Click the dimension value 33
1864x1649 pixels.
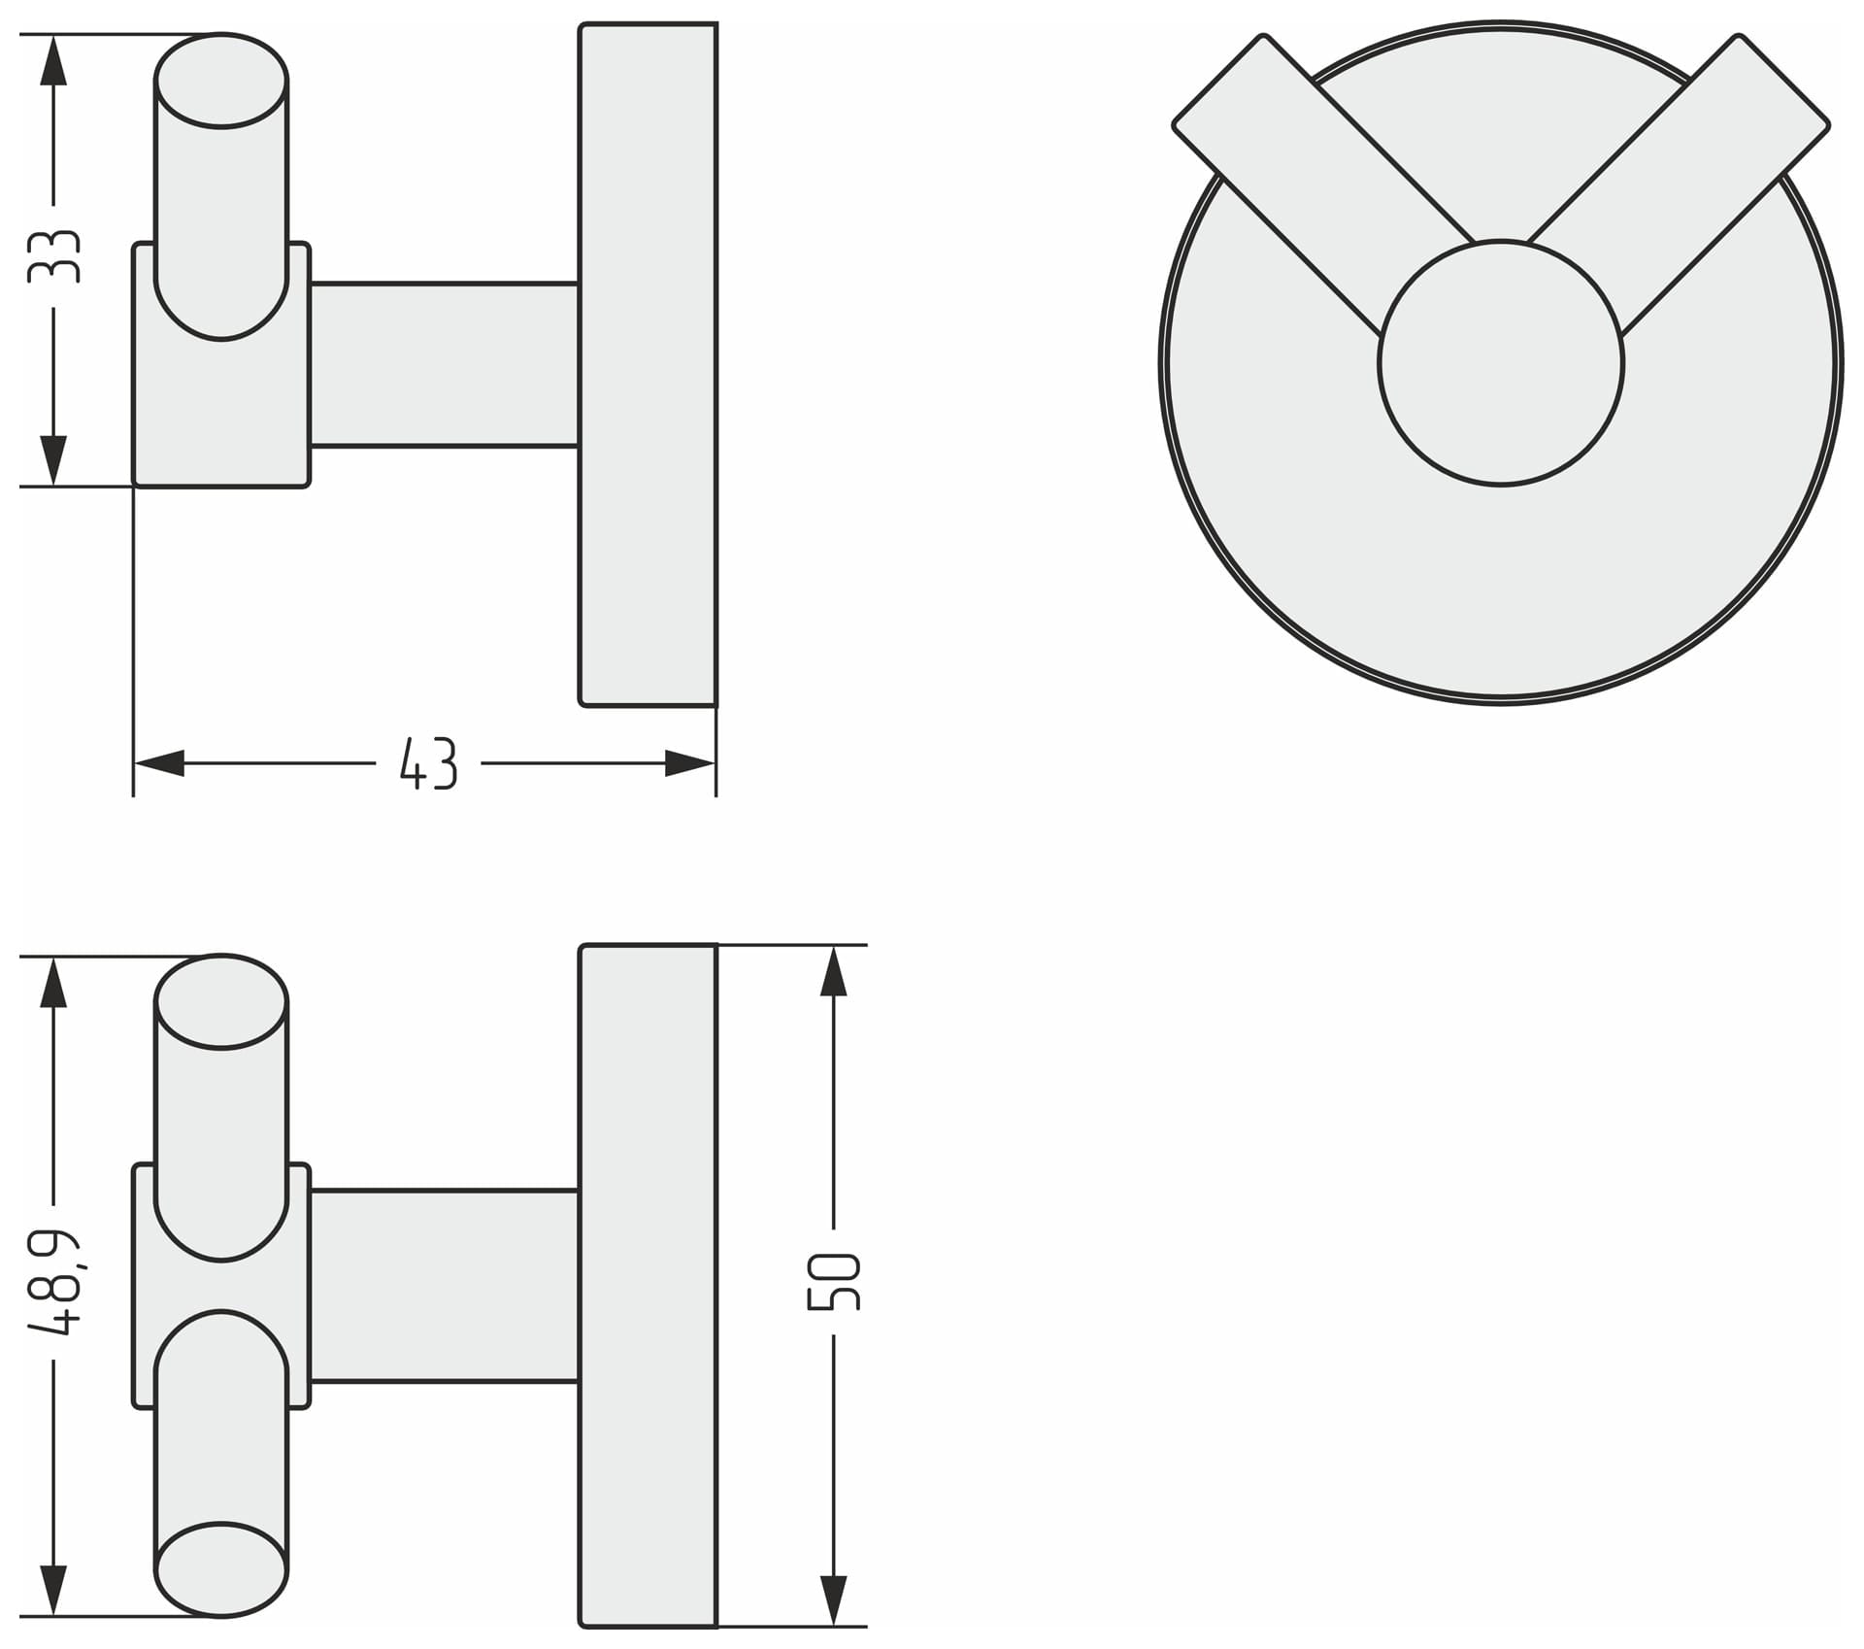click(54, 256)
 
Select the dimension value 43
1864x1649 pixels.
click(428, 763)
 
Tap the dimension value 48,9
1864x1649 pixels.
click(54, 1281)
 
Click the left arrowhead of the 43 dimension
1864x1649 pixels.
click(158, 763)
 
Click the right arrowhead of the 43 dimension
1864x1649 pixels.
click(690, 763)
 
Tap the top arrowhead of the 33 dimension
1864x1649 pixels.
click(54, 59)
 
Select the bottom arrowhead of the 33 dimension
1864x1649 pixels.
click(54, 460)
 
